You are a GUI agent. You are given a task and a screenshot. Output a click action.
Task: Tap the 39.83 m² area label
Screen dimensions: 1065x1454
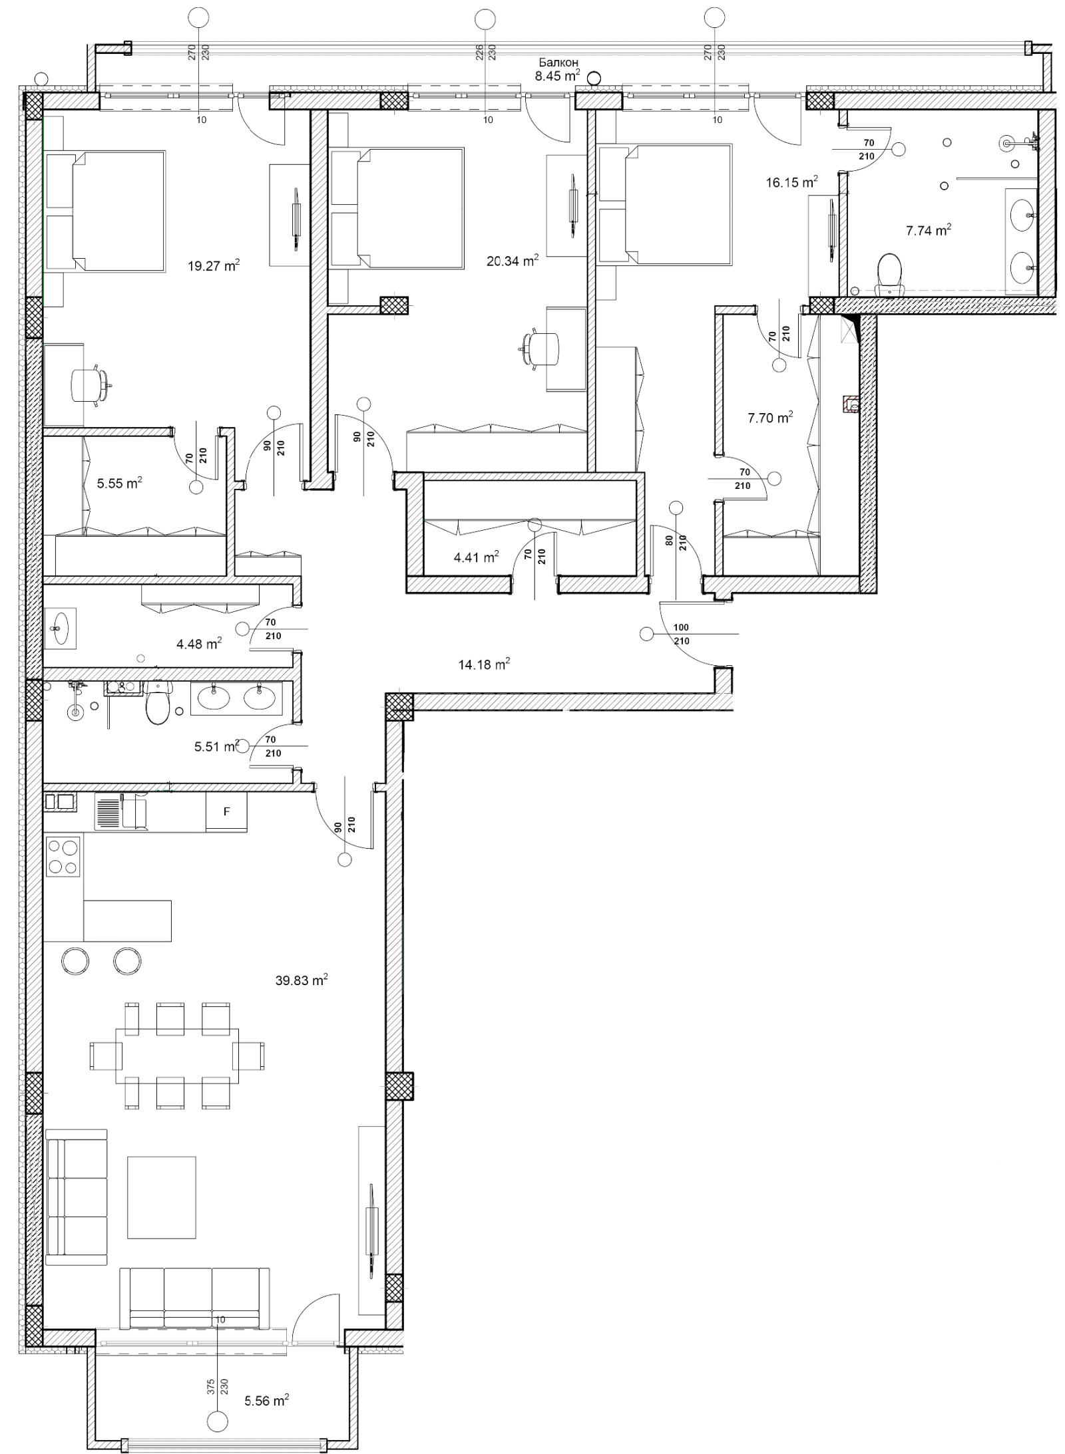(301, 980)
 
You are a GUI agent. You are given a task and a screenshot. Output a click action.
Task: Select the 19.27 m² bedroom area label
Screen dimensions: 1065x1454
(213, 267)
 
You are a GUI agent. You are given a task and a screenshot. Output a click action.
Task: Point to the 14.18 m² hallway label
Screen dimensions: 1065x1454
(484, 664)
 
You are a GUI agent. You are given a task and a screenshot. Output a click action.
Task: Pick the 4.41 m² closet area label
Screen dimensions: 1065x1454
(476, 557)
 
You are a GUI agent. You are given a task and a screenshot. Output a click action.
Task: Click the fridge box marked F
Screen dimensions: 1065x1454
(226, 811)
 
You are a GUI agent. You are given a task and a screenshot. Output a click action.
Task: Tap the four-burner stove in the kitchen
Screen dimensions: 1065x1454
(63, 856)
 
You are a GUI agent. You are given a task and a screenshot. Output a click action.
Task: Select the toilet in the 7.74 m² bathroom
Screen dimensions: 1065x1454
(889, 273)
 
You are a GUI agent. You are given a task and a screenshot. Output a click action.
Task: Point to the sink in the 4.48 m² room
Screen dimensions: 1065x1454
(60, 627)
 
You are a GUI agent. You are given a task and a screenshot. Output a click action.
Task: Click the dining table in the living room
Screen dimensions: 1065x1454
(177, 1056)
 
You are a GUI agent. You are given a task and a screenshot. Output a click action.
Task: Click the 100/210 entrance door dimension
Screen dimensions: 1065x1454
(682, 634)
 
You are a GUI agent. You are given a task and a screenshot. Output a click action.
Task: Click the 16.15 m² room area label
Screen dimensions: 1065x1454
(791, 182)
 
